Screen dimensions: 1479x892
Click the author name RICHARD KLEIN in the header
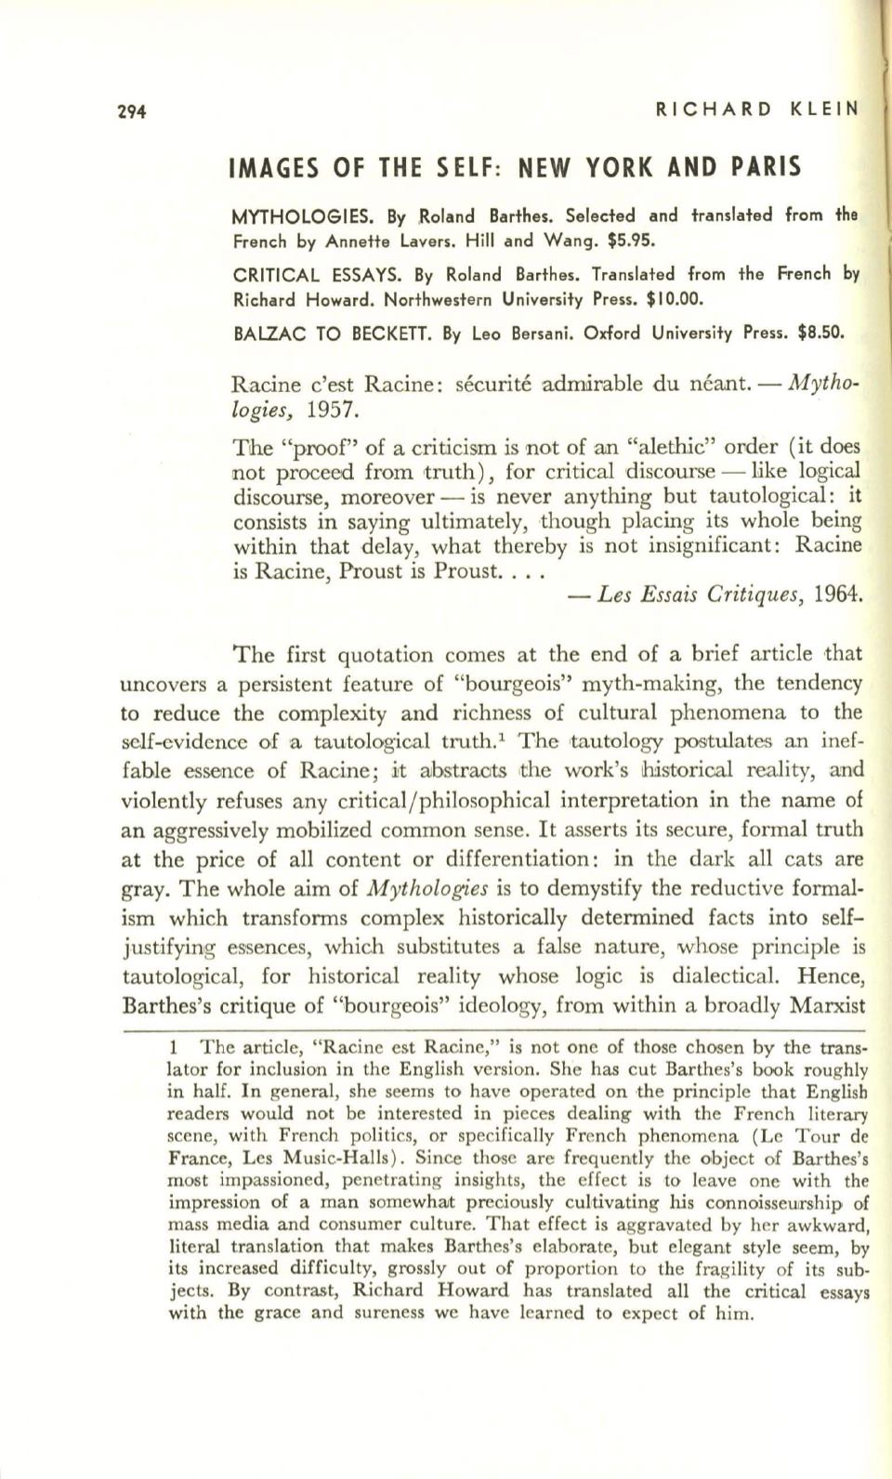[x=756, y=109]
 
